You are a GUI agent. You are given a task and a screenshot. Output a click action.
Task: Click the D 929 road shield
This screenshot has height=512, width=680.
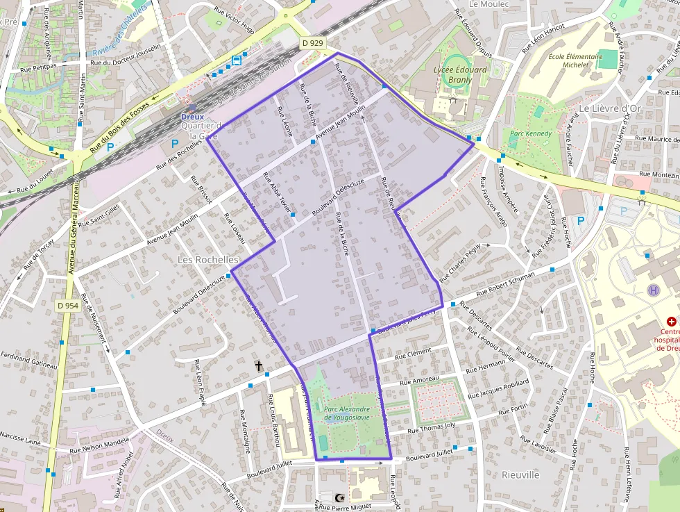coord(313,43)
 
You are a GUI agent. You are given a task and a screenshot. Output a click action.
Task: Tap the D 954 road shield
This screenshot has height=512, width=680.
coord(67,306)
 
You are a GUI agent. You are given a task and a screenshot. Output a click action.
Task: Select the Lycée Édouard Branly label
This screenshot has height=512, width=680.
coord(460,74)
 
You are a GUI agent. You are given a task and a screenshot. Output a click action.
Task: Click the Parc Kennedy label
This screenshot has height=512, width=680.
coord(531,133)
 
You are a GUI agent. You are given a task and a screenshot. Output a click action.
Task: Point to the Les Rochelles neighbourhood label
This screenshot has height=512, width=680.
coord(208,259)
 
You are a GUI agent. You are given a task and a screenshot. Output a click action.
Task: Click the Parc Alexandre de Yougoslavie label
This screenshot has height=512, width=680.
coord(346,413)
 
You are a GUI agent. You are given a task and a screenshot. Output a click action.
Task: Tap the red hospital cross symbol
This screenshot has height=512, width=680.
coord(671,322)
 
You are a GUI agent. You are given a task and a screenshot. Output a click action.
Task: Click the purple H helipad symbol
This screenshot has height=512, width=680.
coord(652,290)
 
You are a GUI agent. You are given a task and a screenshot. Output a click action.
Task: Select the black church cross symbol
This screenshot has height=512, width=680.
coord(259,365)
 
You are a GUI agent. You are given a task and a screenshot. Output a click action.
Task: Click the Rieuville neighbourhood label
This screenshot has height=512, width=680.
coord(520,475)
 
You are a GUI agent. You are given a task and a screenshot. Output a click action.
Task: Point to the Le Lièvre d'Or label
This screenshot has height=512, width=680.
coord(609,108)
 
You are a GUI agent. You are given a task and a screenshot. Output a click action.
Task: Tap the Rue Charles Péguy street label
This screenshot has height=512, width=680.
coord(460,263)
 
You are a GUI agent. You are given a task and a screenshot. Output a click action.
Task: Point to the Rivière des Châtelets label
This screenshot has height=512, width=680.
coord(120,31)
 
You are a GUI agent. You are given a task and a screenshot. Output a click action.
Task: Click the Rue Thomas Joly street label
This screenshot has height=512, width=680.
coord(431,429)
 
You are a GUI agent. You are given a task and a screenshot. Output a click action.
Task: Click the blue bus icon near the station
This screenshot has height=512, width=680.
coord(237,60)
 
